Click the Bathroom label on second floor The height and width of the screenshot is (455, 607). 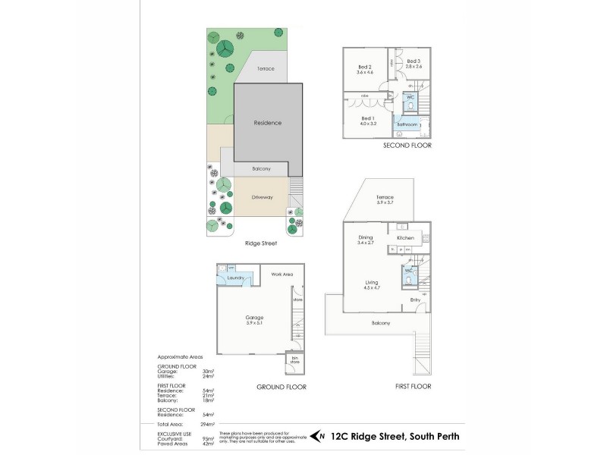407,124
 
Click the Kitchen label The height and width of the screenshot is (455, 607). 405,238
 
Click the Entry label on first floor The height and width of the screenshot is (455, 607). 415,300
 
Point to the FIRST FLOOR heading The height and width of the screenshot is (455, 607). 412,386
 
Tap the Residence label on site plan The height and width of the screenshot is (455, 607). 267,123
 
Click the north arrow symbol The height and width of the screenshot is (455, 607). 321,436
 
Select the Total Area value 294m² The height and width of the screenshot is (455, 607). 209,424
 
